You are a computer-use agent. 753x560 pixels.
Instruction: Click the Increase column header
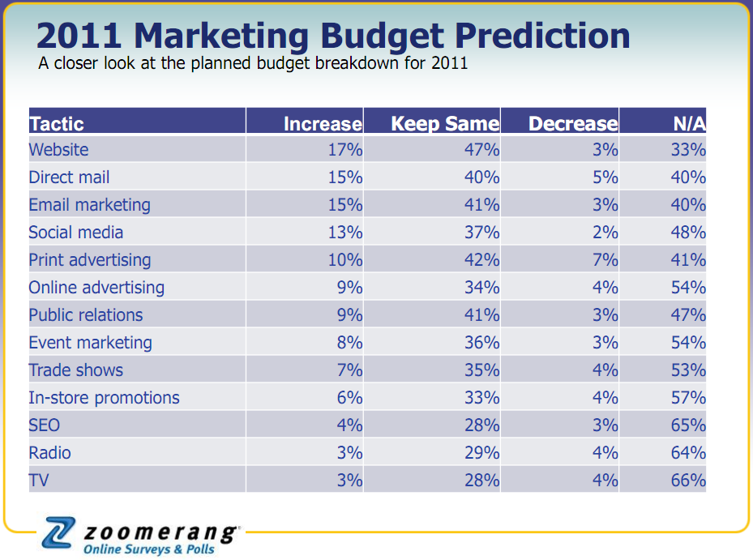tap(323, 124)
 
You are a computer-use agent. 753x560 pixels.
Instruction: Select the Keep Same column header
tap(445, 124)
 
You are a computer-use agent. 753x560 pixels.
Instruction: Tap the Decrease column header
tap(573, 124)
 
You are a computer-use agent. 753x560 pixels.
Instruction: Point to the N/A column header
tap(689, 124)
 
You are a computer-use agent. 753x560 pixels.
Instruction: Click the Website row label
tap(58, 150)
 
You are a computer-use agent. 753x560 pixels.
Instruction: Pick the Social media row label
tap(76, 233)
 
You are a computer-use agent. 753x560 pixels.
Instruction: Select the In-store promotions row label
tap(104, 398)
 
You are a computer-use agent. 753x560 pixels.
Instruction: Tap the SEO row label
tap(45, 425)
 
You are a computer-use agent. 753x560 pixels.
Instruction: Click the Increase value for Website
tap(345, 150)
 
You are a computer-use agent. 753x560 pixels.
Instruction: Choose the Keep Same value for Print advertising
tap(481, 260)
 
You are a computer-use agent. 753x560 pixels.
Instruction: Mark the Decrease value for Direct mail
tap(605, 177)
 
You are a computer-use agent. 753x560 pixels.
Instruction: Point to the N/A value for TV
tap(688, 481)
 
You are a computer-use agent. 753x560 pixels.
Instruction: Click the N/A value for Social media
tap(688, 233)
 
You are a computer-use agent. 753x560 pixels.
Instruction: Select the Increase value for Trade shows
tap(349, 370)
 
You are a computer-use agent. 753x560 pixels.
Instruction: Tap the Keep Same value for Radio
tap(481, 453)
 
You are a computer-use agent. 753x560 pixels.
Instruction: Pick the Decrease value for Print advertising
tap(605, 260)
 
